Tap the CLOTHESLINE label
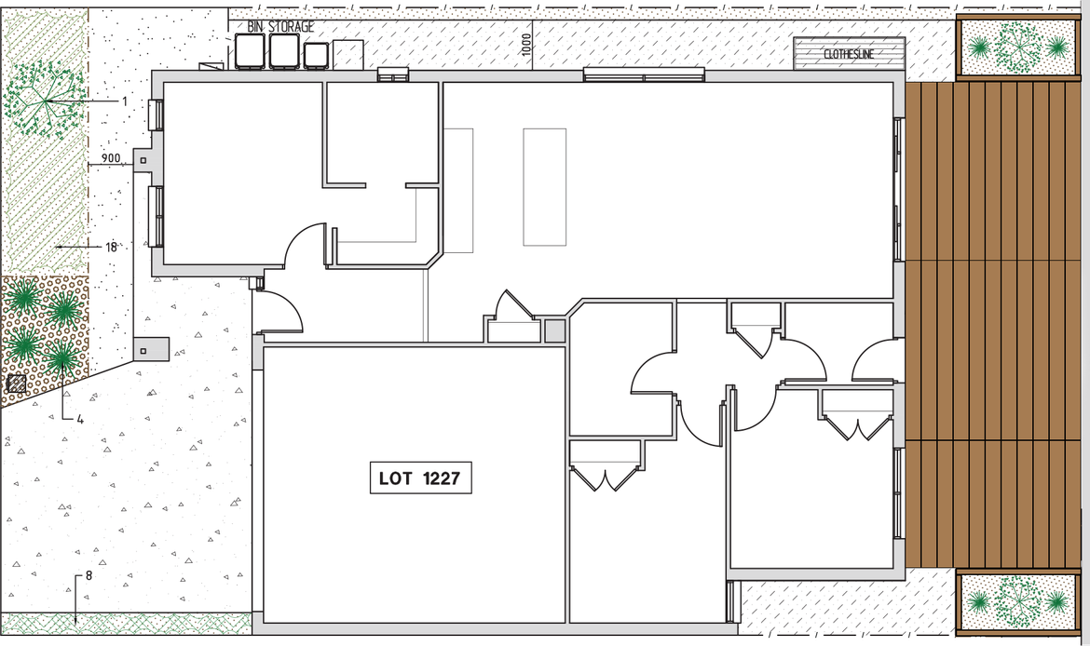tap(849, 54)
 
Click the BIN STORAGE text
tap(280, 27)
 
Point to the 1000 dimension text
tap(526, 47)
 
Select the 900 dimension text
tap(111, 159)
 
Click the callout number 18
tap(111, 247)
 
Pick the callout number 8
tap(89, 575)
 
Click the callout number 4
tap(80, 420)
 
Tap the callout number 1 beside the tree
tap(124, 100)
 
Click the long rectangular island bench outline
tap(544, 186)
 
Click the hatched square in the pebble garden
tap(16, 383)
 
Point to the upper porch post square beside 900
tap(143, 161)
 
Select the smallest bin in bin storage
tap(317, 55)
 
